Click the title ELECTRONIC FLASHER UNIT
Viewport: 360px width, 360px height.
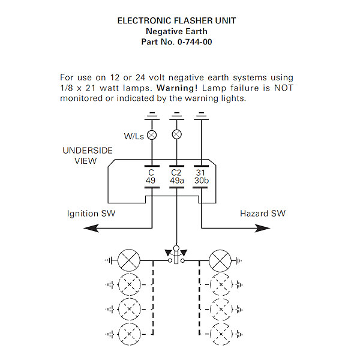click(176, 20)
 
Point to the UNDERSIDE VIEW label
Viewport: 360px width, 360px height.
click(87, 155)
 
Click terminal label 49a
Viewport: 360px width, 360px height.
click(176, 180)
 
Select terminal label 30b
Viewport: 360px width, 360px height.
click(201, 180)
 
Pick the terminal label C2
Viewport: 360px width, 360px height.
click(176, 172)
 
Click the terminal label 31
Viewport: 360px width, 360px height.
click(201, 172)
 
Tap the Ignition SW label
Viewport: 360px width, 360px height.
click(91, 214)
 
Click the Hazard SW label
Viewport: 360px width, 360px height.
click(263, 214)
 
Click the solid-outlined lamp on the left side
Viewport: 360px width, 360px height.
click(128, 261)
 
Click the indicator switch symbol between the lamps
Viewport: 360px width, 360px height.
click(176, 256)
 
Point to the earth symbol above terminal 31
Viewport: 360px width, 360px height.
click(201, 116)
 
